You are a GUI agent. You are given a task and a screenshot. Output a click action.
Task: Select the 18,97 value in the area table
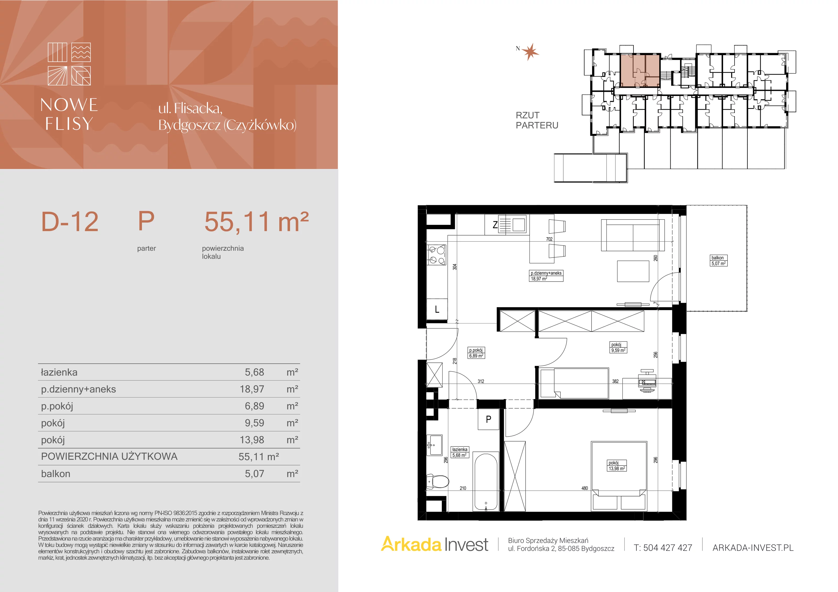point(252,389)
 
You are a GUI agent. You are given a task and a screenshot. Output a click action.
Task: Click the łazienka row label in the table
point(59,372)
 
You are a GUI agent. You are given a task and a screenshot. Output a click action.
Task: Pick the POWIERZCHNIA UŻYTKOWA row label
point(109,456)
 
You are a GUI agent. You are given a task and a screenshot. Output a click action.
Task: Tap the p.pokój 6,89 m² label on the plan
point(476,353)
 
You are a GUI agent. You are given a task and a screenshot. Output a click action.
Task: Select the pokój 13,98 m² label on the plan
point(617,466)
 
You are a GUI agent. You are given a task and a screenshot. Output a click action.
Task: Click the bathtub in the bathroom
point(486,481)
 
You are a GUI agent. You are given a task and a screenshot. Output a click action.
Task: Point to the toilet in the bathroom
point(438,482)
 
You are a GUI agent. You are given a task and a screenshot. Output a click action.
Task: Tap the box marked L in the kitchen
point(437,310)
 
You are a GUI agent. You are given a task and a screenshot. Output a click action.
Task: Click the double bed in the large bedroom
point(619,476)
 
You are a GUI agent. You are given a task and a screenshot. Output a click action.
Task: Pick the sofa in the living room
point(632,235)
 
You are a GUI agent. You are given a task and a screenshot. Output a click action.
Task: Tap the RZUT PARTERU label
point(537,120)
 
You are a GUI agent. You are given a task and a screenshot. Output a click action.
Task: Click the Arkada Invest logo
point(435,545)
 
